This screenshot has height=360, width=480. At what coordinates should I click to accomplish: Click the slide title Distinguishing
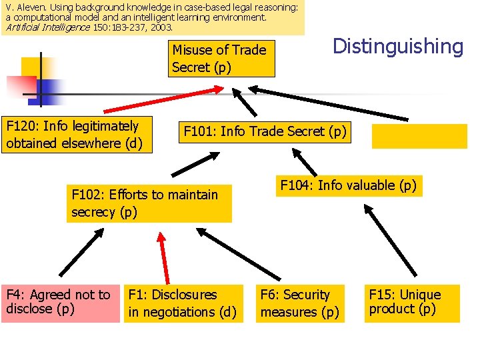397,47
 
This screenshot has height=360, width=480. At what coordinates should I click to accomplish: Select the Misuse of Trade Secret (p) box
221,59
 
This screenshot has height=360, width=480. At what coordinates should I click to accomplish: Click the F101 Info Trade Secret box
265,132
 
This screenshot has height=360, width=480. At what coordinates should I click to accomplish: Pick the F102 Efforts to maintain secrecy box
149,203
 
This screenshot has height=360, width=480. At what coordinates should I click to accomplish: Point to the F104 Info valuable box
348,185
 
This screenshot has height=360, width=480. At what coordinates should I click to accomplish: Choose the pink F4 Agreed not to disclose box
59,303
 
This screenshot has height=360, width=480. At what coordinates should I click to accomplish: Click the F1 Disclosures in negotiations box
182,303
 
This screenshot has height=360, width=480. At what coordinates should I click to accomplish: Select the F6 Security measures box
300,303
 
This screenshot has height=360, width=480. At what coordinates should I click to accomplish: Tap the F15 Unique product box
411,303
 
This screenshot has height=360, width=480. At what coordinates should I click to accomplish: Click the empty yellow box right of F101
419,137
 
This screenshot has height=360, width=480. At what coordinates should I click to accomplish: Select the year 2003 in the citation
159,28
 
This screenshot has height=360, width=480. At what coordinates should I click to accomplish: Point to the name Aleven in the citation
26,7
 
